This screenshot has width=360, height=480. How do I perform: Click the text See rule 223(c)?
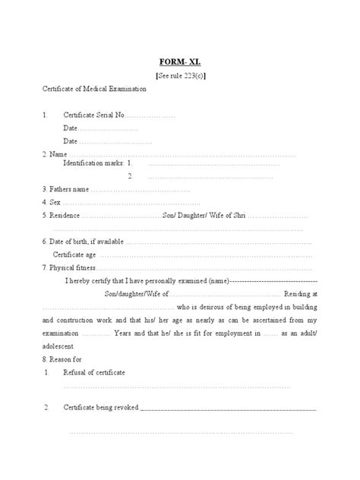pyautogui.click(x=180, y=76)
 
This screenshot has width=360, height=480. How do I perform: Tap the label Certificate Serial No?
pyautogui.click(x=93, y=115)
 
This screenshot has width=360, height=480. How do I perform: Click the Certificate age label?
pyautogui.click(x=74, y=255)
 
